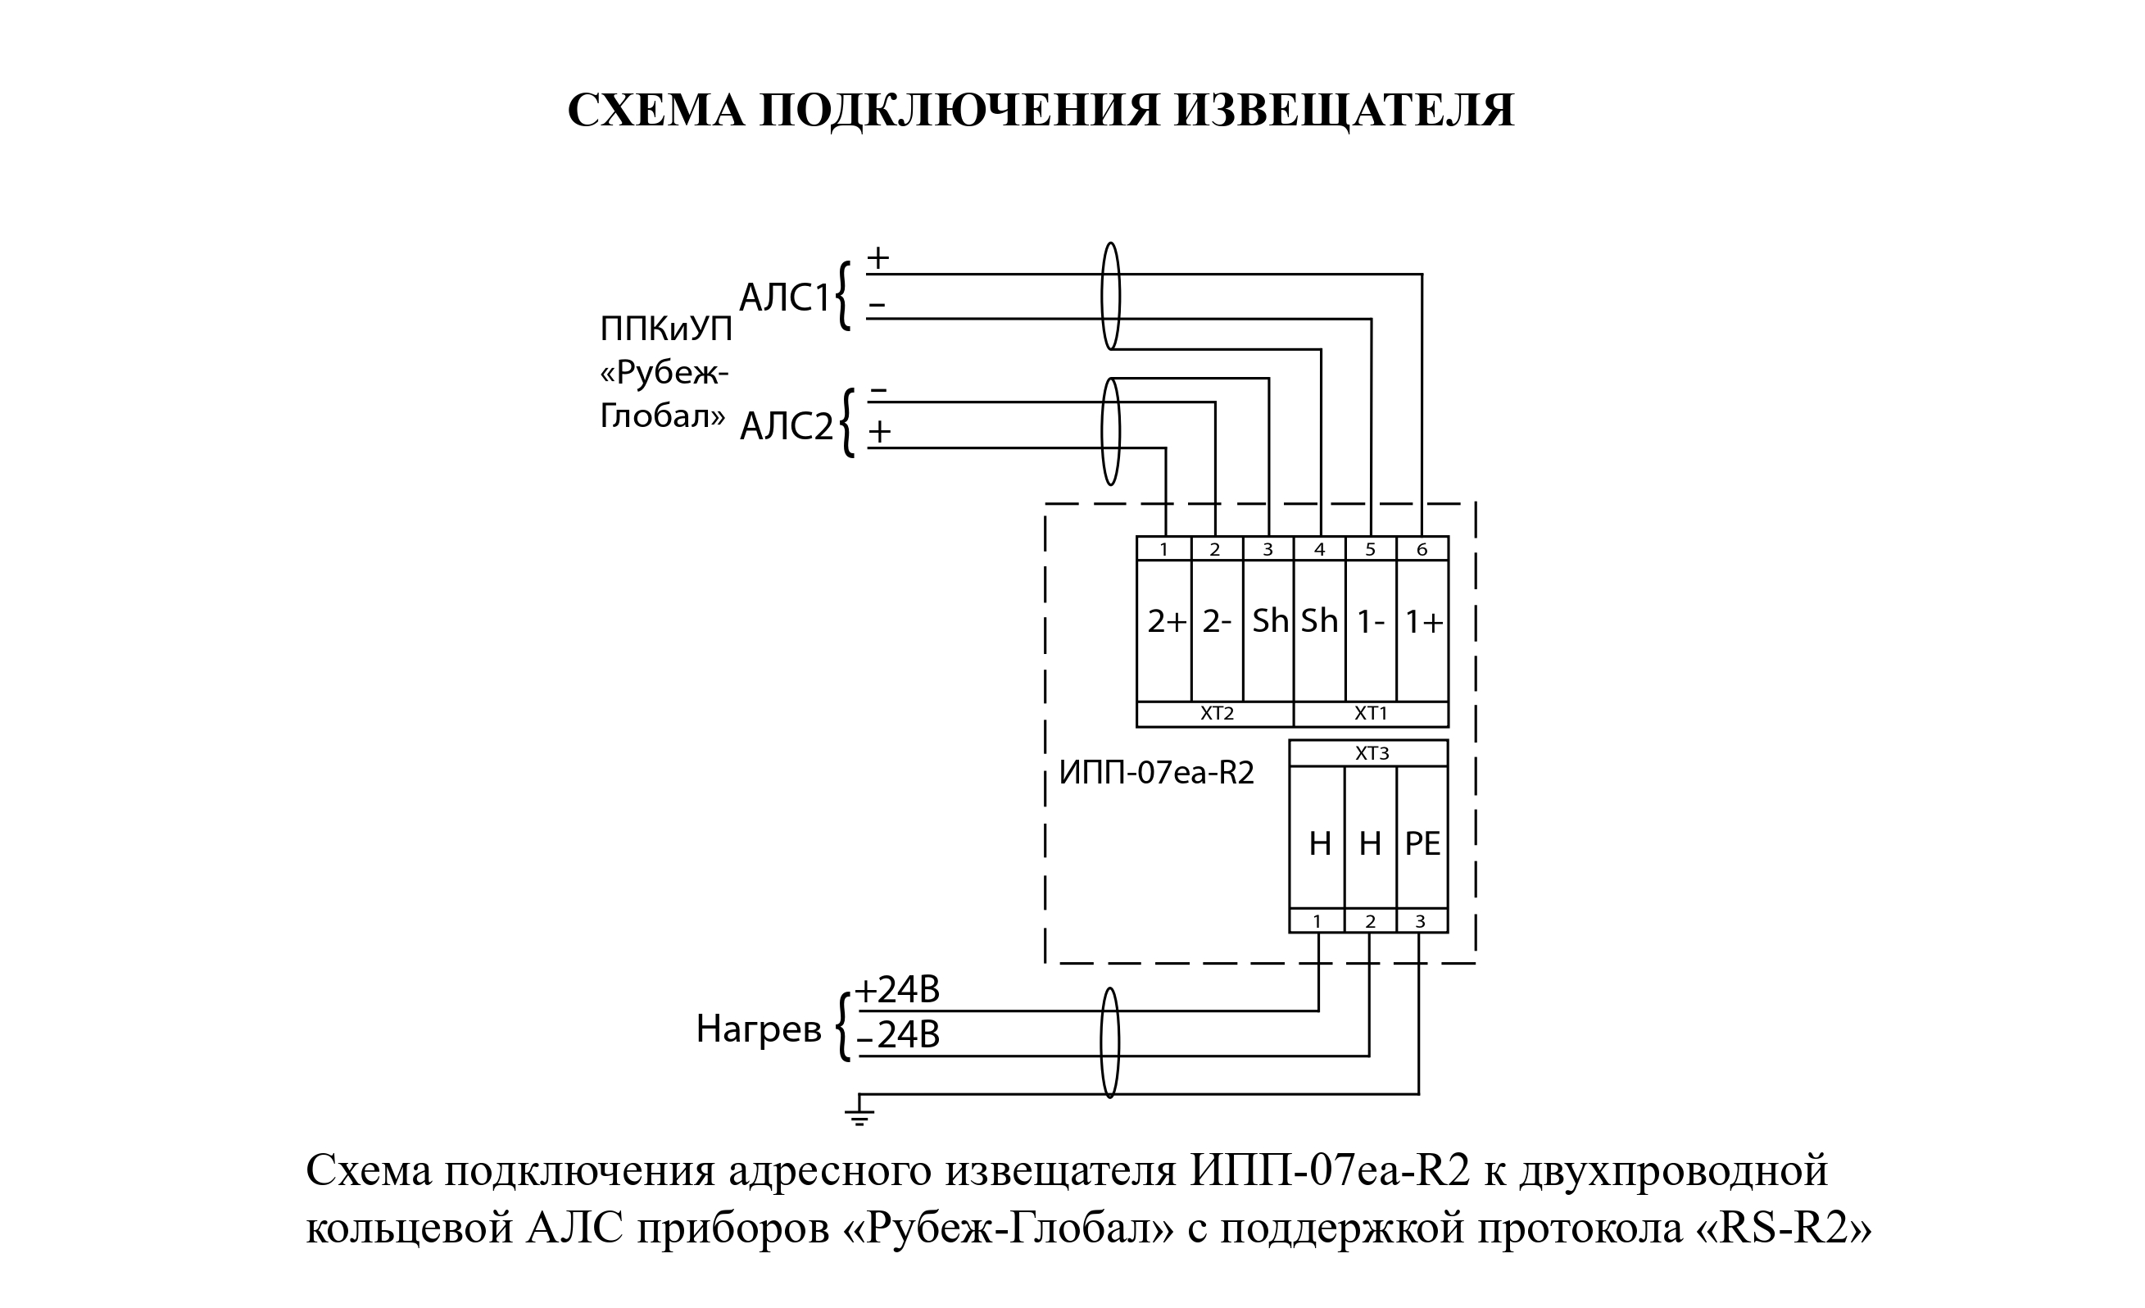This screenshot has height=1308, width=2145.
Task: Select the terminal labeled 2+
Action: point(1165,630)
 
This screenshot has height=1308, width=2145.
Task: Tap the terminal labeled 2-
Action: point(1217,630)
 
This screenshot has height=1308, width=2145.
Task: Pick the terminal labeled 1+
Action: point(1423,630)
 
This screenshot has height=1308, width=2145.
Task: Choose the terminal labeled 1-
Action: point(1371,630)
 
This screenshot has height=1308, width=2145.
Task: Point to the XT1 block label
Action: point(1371,714)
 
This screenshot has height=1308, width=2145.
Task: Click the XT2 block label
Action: point(1217,714)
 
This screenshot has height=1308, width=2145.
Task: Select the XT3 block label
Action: point(1372,753)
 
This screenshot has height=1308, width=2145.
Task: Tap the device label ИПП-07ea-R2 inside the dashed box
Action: point(1156,774)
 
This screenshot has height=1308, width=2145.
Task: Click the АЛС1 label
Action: point(785,297)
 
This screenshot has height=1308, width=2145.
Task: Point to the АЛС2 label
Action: point(786,427)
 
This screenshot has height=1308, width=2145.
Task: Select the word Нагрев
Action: point(758,1029)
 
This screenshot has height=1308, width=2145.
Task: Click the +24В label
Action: point(897,990)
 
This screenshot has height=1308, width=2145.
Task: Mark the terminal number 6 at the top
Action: point(1422,549)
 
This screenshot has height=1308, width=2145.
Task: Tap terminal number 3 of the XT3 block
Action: point(1421,921)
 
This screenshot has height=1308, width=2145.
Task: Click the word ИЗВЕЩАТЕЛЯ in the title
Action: point(1344,111)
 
